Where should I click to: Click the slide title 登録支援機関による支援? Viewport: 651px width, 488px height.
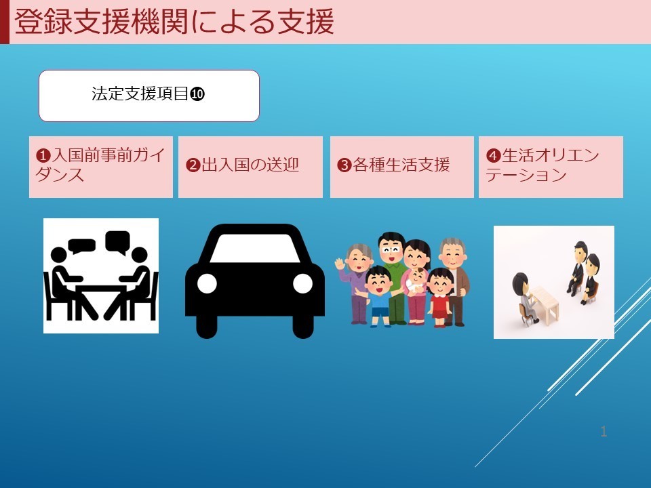pos(174,22)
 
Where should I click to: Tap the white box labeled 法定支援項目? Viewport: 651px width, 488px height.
pos(149,96)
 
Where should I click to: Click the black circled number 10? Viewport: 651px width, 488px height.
pos(197,94)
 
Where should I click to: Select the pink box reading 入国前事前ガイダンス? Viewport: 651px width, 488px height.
pos(101,167)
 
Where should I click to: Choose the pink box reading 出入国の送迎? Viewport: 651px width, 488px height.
pos(250,167)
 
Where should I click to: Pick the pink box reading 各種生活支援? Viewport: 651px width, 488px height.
pos(402,167)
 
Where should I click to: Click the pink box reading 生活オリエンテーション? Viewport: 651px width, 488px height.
pos(551,167)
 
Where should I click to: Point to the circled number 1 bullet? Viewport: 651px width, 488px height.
pos(43,156)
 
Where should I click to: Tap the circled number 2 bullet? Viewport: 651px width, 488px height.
pos(193,165)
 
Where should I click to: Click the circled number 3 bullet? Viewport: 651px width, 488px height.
pos(344,165)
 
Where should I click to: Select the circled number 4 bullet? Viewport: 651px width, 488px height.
pos(493,156)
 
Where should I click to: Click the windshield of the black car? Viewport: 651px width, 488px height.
pos(255,248)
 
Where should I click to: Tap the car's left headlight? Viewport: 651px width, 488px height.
pos(207,283)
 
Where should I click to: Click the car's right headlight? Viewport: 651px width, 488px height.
pos(302,283)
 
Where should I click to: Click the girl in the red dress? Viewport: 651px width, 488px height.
pos(440,297)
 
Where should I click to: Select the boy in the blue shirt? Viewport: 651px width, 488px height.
pos(378,296)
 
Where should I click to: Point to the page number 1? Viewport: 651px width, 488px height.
pos(604,432)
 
